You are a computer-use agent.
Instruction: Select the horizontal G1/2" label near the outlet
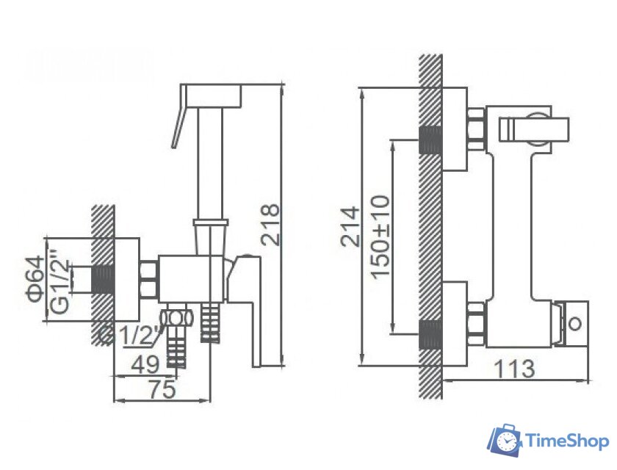click(x=133, y=336)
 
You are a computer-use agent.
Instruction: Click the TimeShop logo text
click(x=568, y=441)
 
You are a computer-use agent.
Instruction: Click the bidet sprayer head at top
click(x=211, y=95)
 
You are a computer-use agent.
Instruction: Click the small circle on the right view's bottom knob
click(x=574, y=322)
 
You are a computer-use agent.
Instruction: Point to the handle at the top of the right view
click(x=534, y=129)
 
